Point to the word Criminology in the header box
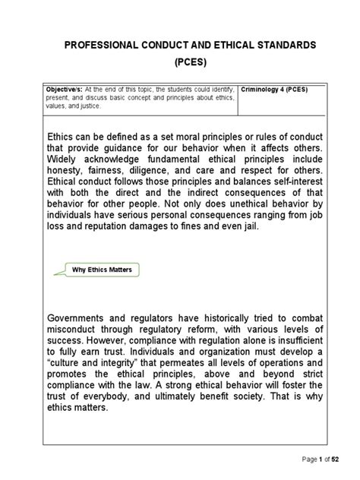coord(262,89)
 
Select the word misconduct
coord(78,330)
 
